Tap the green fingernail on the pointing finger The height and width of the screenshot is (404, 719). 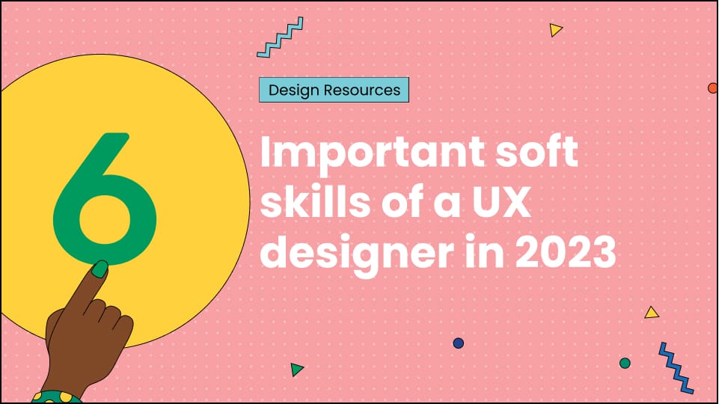(x=99, y=269)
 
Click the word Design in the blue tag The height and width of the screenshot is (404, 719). (x=295, y=91)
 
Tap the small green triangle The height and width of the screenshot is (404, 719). (x=297, y=369)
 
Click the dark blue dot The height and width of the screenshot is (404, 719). (x=459, y=343)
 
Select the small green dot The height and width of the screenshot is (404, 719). (x=625, y=363)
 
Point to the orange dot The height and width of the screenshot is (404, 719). (x=713, y=88)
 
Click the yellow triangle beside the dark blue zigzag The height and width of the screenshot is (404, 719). (x=651, y=312)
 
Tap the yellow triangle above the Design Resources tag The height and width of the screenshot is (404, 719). (x=555, y=30)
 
